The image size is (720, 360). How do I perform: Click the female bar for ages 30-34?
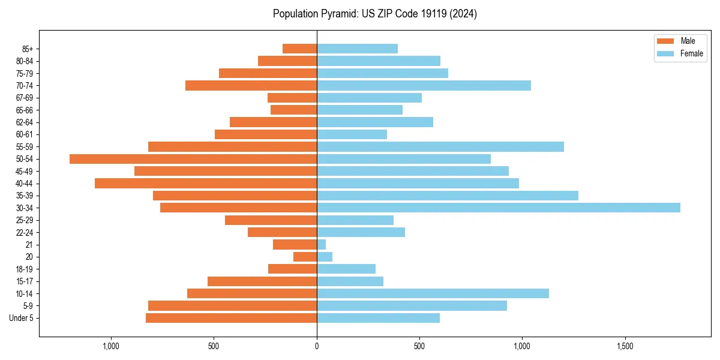coord(498,208)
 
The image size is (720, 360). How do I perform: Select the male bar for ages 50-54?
coord(193,159)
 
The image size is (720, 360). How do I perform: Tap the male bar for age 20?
coord(305,257)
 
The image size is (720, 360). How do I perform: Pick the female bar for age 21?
coord(322,244)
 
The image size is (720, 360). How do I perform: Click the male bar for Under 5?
coord(231,318)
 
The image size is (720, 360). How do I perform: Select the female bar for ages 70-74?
coord(424,85)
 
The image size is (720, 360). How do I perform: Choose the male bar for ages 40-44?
coord(206,183)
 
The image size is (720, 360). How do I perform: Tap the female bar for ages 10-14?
coord(433,293)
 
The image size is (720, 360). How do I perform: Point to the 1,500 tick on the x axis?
coord(625,346)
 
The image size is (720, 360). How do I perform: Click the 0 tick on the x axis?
coord(317,346)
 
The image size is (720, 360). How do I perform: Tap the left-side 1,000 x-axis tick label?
coord(112,346)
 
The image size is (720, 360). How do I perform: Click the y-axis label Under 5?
coord(21,318)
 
